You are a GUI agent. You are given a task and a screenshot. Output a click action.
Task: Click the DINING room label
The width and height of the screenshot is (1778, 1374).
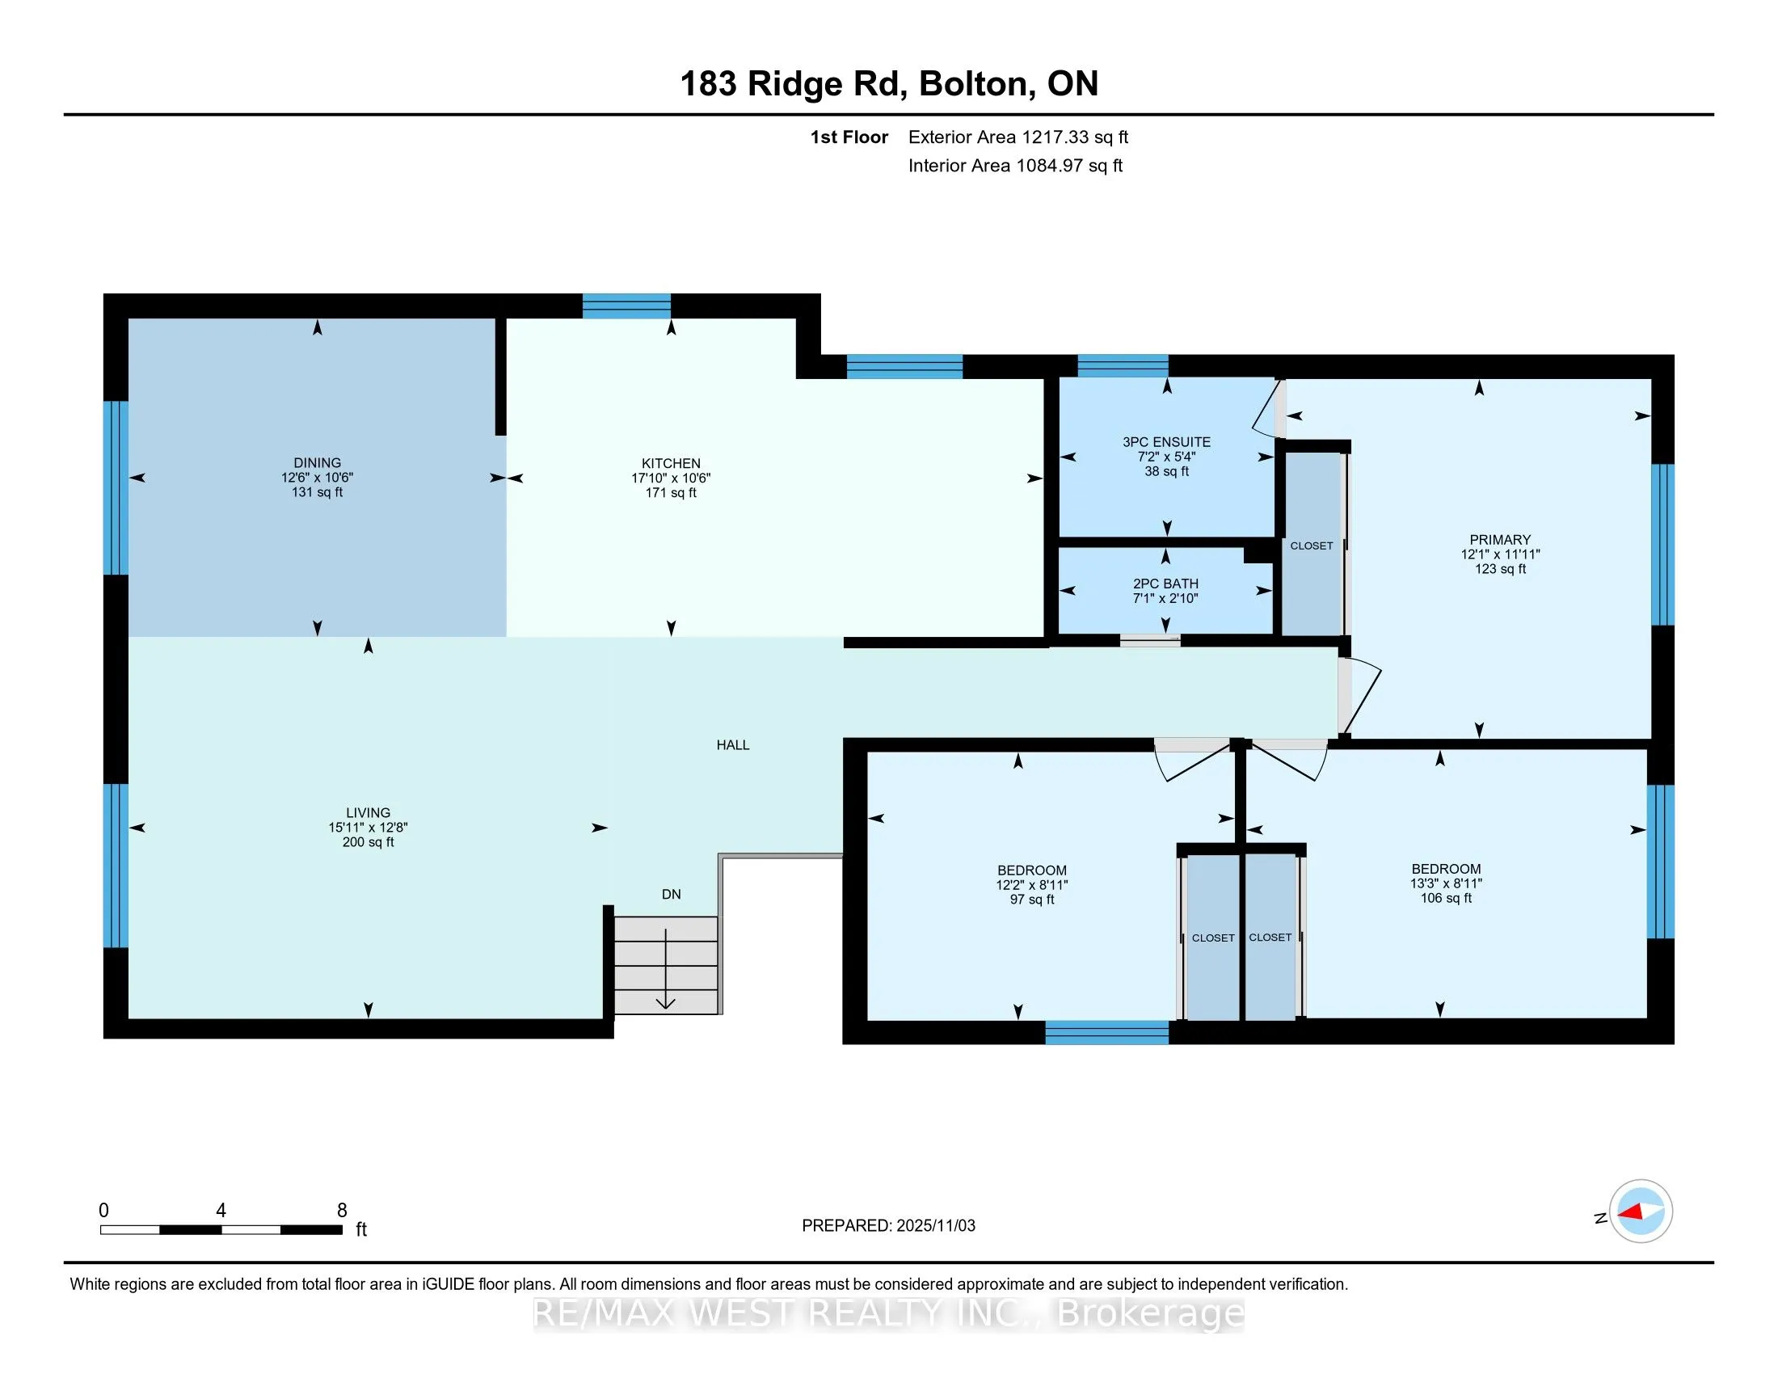pos(318,462)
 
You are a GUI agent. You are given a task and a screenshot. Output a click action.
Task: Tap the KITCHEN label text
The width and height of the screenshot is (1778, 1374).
pos(671,463)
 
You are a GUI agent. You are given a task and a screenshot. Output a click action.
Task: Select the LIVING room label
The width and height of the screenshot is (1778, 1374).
pos(368,812)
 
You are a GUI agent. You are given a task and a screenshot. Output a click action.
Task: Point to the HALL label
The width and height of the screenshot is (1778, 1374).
pos(733,745)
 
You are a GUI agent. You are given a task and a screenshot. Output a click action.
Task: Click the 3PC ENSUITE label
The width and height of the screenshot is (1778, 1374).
pos(1166,442)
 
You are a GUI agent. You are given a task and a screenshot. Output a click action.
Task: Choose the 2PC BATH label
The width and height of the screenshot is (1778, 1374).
pos(1165,584)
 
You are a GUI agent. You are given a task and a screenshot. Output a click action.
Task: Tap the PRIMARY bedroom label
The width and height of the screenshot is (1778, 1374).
pos(1499,540)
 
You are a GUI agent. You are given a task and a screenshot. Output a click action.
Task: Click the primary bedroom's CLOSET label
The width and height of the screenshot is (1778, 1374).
pos(1312,546)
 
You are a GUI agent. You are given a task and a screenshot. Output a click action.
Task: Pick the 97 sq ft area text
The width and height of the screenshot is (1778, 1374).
pos(1031,900)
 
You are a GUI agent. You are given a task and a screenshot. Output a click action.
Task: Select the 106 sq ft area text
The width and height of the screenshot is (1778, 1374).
pos(1446,898)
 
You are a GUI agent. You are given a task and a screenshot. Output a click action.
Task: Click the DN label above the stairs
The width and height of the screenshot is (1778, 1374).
pos(671,894)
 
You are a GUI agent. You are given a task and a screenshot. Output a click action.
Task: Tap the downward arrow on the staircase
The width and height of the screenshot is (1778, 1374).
pos(666,968)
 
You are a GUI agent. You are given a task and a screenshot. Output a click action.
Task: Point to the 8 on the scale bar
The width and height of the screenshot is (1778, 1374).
pos(342,1211)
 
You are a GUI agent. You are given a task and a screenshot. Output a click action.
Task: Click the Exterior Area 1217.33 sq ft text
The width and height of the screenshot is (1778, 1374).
pos(1018,137)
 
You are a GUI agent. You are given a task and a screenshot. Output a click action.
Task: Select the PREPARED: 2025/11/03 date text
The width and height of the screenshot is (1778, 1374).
pos(888,1226)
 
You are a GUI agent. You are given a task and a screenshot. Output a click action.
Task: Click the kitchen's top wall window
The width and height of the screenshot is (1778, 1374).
pos(627,306)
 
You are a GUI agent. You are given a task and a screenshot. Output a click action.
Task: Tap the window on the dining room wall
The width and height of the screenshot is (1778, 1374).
pos(116,487)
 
